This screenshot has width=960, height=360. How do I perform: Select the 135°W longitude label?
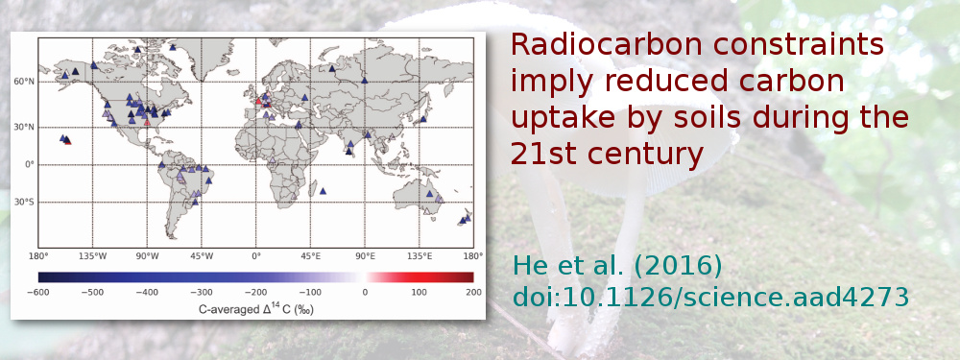[92, 257]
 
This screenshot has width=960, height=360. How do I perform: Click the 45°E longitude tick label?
[310, 257]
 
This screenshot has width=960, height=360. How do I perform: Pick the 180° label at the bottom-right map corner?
[472, 257]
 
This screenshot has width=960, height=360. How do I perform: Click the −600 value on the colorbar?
[38, 292]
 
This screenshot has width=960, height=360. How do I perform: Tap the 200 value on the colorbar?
[472, 292]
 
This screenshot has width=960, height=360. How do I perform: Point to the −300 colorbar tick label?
[202, 292]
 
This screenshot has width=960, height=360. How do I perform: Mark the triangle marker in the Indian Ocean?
[324, 191]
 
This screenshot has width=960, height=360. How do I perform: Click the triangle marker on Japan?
[423, 119]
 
